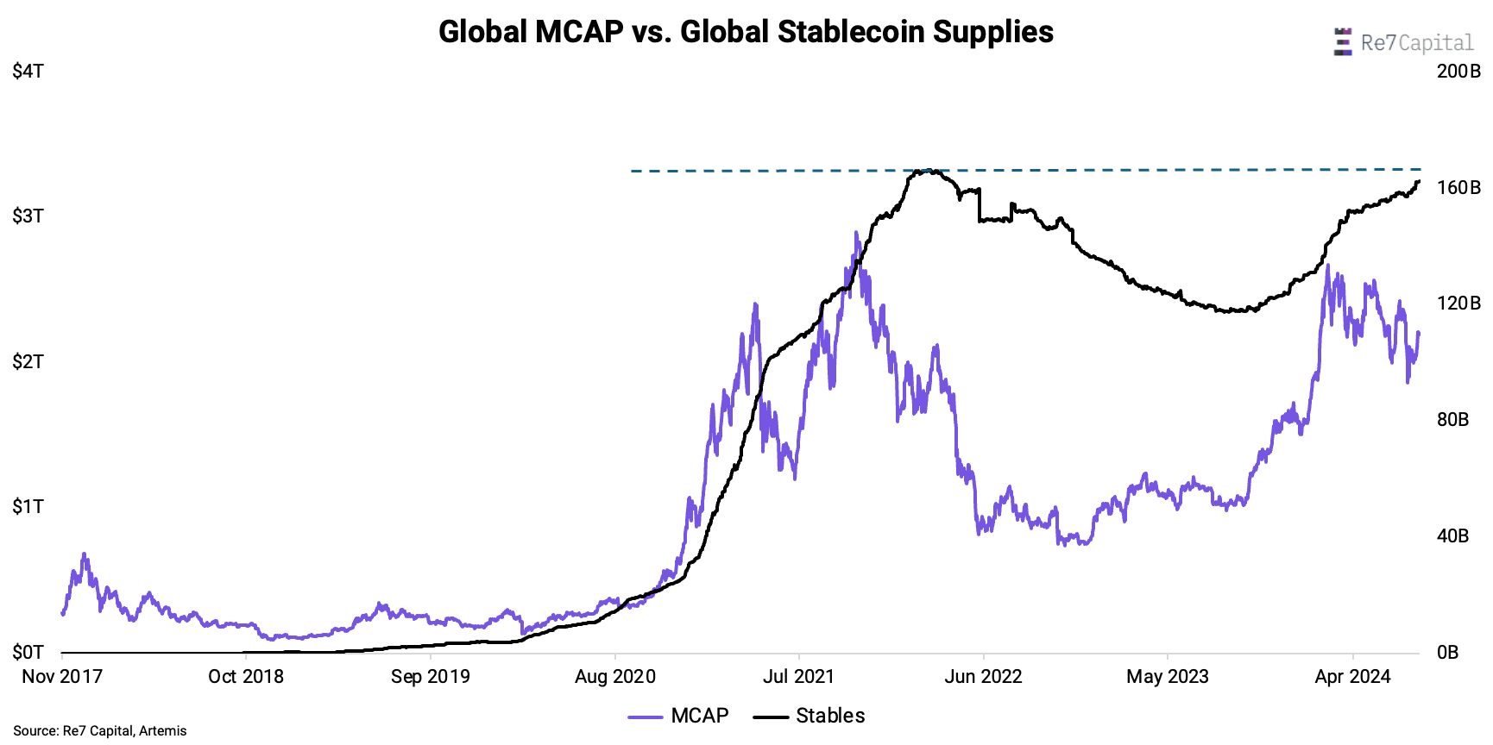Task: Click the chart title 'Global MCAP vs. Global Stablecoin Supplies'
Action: coord(746,32)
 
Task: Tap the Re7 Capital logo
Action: coord(1403,42)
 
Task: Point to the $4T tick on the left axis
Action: coord(28,72)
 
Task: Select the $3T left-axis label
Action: coord(28,216)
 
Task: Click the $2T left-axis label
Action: coord(28,362)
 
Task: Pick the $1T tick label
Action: coord(28,507)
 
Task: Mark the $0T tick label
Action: coord(28,652)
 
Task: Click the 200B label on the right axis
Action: coord(1458,72)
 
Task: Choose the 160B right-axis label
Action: coord(1458,188)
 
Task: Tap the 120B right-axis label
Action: coord(1458,304)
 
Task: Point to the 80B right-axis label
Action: coord(1452,420)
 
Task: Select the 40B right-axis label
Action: coord(1452,536)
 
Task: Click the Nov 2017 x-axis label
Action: coord(62,677)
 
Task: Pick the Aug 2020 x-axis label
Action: coord(615,677)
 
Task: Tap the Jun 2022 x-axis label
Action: coord(983,677)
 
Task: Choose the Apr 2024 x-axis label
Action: coord(1352,677)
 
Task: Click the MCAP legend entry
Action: coord(679,716)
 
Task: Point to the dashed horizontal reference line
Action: coord(1122,170)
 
